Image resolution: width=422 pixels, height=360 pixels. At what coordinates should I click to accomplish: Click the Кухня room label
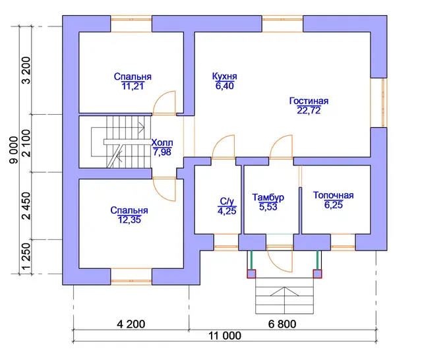[224, 76]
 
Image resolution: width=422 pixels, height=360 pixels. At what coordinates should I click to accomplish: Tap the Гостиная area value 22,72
[309, 110]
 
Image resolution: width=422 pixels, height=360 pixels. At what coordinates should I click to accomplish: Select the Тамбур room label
[268, 197]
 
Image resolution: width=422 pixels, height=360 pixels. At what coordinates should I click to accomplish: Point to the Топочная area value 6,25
[333, 205]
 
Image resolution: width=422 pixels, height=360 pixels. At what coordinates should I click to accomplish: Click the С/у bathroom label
[227, 201]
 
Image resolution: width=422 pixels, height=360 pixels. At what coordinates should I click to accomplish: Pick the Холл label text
[162, 142]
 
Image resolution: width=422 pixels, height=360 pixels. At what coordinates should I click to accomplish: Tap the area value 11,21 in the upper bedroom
[133, 86]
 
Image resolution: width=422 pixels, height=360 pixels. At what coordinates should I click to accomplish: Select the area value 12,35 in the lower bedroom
[129, 220]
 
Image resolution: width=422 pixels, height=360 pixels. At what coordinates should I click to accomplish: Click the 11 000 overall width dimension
[225, 336]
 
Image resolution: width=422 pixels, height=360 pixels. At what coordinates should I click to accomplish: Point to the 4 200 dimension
[131, 324]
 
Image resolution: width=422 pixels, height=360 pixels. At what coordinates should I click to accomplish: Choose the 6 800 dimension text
[282, 324]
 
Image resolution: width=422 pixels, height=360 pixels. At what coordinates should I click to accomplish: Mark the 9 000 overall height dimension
[14, 150]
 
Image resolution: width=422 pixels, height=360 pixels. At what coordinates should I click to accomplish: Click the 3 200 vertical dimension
[26, 71]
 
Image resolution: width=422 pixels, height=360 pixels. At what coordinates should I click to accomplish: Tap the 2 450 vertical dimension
[26, 206]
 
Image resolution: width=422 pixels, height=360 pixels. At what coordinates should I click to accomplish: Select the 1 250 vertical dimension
[26, 256]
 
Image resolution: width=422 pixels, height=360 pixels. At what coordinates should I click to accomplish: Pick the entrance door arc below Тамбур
[274, 264]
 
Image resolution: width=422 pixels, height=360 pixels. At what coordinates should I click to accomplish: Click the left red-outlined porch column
[251, 274]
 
